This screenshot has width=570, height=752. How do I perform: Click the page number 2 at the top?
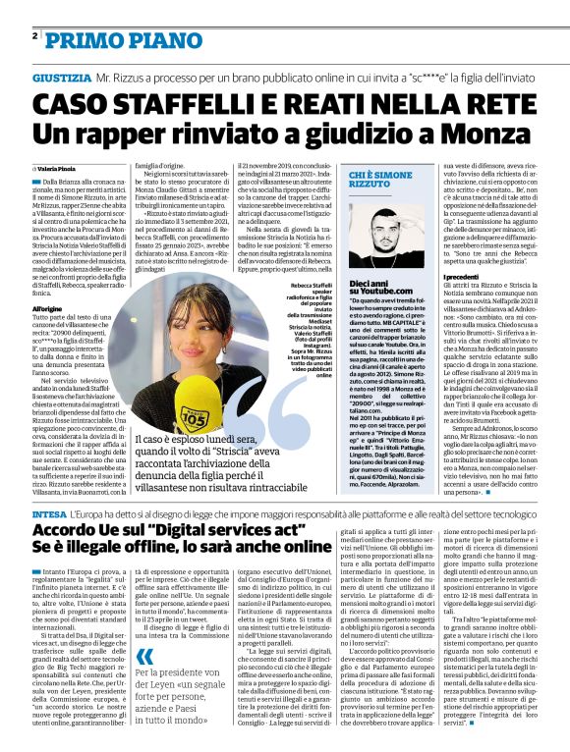coord(34,35)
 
